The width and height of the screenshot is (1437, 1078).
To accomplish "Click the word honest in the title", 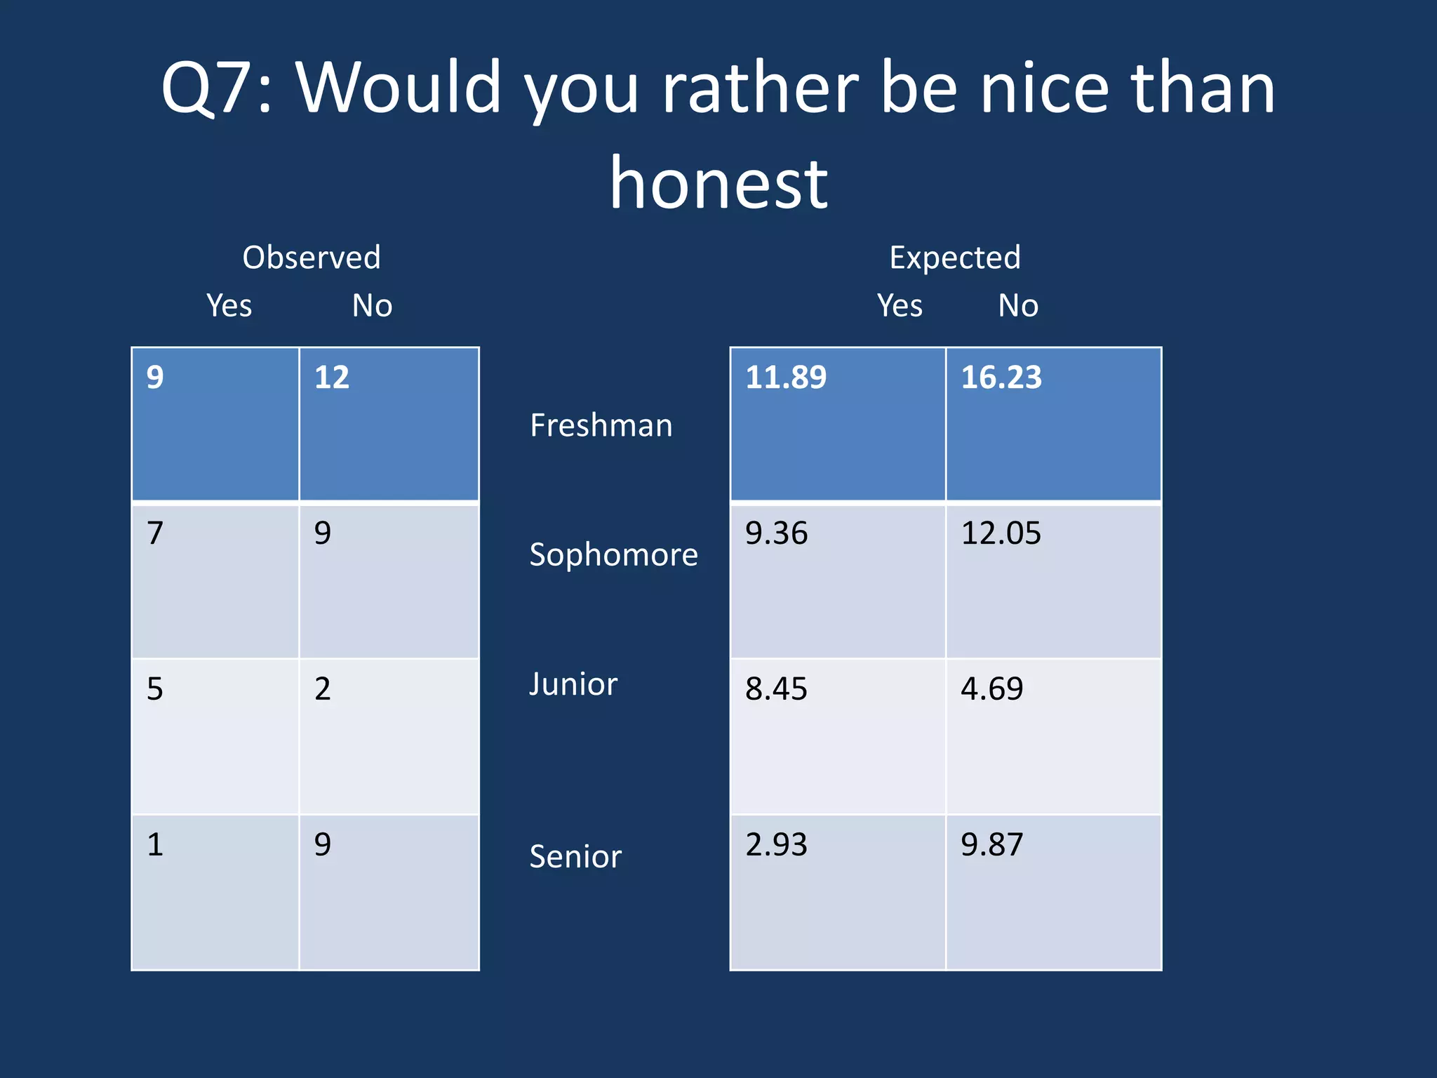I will tap(718, 184).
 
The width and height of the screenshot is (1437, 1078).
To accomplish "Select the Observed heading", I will tap(312, 258).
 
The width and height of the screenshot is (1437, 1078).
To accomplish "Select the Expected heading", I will tap(955, 258).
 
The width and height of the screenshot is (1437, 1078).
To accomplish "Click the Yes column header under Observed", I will tap(229, 306).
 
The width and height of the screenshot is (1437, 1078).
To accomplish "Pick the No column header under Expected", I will tap(1018, 306).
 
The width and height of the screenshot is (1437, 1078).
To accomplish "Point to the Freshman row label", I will tap(601, 425).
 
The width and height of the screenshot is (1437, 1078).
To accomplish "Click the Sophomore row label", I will tap(614, 555).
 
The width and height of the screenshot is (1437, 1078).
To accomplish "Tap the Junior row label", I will tap(573, 684).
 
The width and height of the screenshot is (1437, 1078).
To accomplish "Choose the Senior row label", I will tap(575, 857).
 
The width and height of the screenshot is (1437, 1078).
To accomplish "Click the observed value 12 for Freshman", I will tap(332, 378).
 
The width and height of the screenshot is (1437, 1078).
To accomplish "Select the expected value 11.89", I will tap(786, 378).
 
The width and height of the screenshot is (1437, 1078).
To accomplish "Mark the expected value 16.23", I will tap(1001, 378).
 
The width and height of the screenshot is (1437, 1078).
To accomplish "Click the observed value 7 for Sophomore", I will tap(155, 533).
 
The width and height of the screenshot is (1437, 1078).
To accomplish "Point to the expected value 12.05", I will tap(1001, 533).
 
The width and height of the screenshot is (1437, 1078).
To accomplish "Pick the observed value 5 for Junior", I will tap(155, 689).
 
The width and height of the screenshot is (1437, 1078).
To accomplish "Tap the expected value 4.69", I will tap(991, 689).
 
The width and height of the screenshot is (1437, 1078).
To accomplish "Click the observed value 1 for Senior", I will tap(155, 844).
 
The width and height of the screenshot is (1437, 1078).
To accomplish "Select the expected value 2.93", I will tap(776, 844).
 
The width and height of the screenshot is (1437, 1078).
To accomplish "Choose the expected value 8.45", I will tap(776, 689).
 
